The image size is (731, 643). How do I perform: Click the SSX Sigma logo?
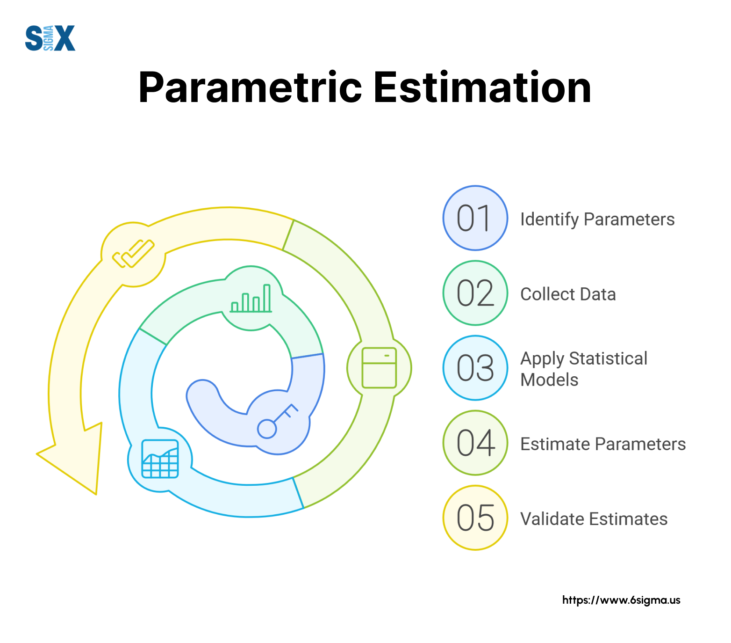(50, 38)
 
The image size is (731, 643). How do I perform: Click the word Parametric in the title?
(251, 88)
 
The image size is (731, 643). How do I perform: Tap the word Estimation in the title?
(482, 88)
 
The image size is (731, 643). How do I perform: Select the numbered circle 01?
(475, 218)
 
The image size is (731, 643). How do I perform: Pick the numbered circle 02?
(475, 293)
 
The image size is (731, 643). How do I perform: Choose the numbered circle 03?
(475, 368)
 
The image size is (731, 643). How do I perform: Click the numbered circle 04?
(475, 443)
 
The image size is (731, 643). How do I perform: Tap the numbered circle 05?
(475, 518)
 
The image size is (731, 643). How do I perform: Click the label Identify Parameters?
(597, 219)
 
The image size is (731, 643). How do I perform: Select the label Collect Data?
(568, 294)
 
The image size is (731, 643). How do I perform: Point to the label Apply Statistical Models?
(584, 369)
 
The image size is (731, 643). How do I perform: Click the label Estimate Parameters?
(603, 444)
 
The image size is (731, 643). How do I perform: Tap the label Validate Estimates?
(594, 519)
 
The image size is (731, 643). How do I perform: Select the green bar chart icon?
(251, 298)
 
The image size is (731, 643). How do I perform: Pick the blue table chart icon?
(160, 459)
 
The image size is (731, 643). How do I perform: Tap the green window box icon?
(379, 368)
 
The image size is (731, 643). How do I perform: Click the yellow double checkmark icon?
(133, 254)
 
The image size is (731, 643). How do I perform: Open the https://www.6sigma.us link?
(621, 600)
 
